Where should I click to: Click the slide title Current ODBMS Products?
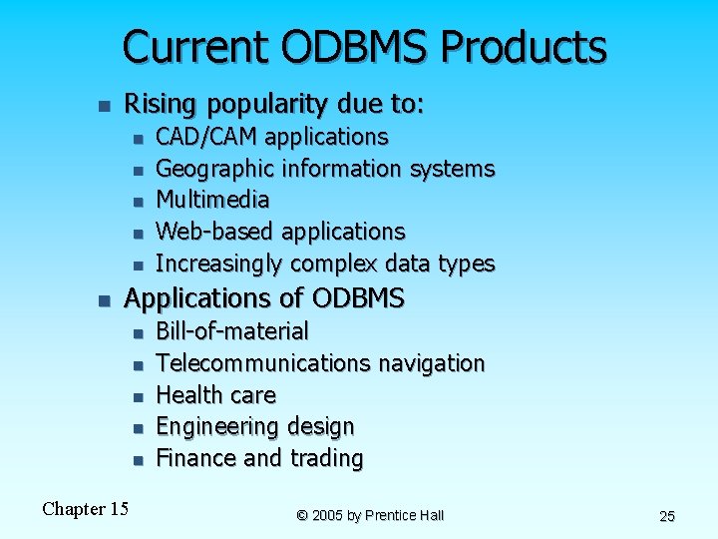click(x=364, y=47)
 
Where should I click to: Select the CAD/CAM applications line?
click(x=272, y=137)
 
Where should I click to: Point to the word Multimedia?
click(x=212, y=200)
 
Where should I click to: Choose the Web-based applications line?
click(x=280, y=232)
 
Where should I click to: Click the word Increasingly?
click(x=218, y=264)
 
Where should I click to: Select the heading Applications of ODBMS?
click(x=263, y=297)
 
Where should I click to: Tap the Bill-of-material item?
click(x=232, y=330)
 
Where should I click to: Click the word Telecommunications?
click(x=263, y=362)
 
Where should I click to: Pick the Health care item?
click(x=215, y=394)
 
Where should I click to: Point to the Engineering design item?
click(x=255, y=426)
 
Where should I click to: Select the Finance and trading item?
click(x=259, y=458)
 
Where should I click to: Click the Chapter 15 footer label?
click(x=85, y=509)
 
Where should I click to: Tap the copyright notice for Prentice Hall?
click(x=370, y=515)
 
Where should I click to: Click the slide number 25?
click(x=667, y=516)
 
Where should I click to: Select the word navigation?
click(x=431, y=362)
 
